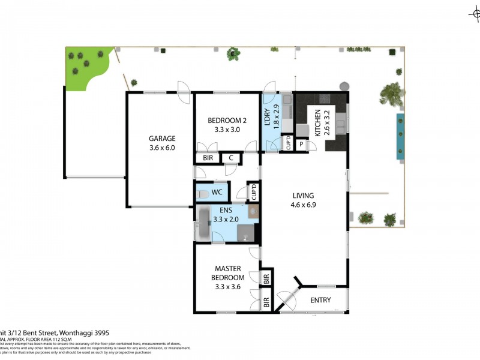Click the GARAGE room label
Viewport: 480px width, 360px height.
point(161,138)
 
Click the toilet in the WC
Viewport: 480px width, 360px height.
point(203,194)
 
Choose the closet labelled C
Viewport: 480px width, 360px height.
point(231,158)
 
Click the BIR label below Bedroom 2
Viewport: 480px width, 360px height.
point(208,158)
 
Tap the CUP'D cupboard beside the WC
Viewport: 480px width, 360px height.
point(254,192)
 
